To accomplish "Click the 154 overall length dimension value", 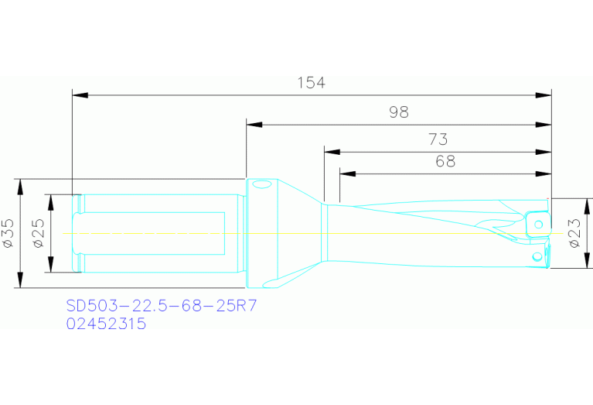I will [312, 83].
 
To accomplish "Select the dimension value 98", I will [398, 112].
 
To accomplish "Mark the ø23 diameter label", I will [574, 233].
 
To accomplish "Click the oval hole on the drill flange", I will [261, 184].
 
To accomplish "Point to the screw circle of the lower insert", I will [537, 256].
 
